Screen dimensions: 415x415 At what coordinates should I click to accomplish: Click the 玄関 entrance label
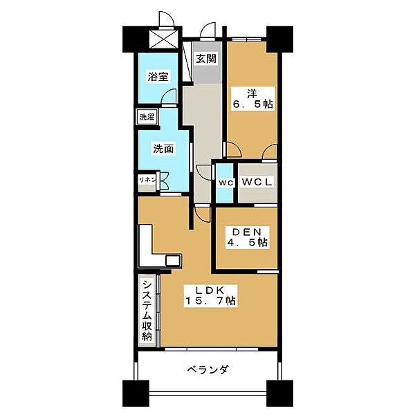tap(205, 59)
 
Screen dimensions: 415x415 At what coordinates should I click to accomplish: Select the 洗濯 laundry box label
tap(147, 117)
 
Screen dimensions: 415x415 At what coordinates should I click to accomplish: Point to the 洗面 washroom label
tap(163, 148)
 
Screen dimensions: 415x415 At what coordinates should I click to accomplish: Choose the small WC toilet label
tap(225, 183)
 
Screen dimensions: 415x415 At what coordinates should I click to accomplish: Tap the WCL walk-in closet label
tap(258, 182)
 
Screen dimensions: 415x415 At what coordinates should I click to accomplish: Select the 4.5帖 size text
tap(246, 243)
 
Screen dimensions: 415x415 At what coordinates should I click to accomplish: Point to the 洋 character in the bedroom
tap(243, 92)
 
